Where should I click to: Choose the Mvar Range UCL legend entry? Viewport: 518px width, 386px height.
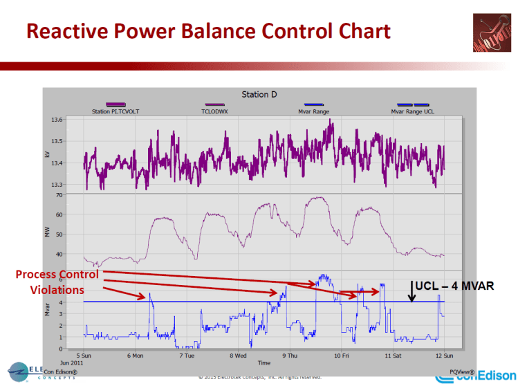[413, 111]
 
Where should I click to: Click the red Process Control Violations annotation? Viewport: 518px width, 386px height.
[57, 282]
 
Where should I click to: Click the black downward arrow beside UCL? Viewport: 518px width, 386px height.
[412, 291]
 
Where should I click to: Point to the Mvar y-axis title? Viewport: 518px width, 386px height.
[67, 310]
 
